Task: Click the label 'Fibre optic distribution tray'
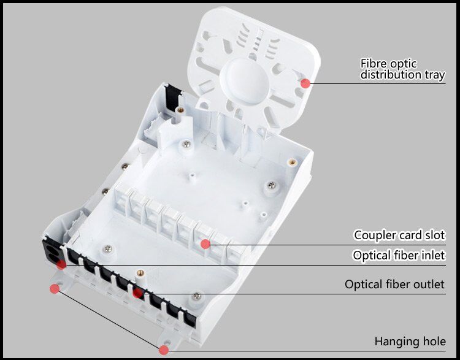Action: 402,69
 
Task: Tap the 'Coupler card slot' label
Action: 399,235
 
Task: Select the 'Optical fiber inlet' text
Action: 399,255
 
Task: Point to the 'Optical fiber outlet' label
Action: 394,285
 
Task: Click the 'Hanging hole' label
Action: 410,342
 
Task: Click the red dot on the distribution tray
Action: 305,83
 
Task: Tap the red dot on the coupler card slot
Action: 205,244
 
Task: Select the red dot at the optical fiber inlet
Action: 61,264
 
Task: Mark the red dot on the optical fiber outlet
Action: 137,293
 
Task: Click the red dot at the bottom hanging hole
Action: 164,350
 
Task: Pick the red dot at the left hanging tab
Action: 54,289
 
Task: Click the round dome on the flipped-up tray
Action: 244,81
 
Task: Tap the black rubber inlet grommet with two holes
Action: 52,253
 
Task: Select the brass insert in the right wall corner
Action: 292,162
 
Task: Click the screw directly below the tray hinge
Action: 186,144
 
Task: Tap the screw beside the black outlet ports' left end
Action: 108,249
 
